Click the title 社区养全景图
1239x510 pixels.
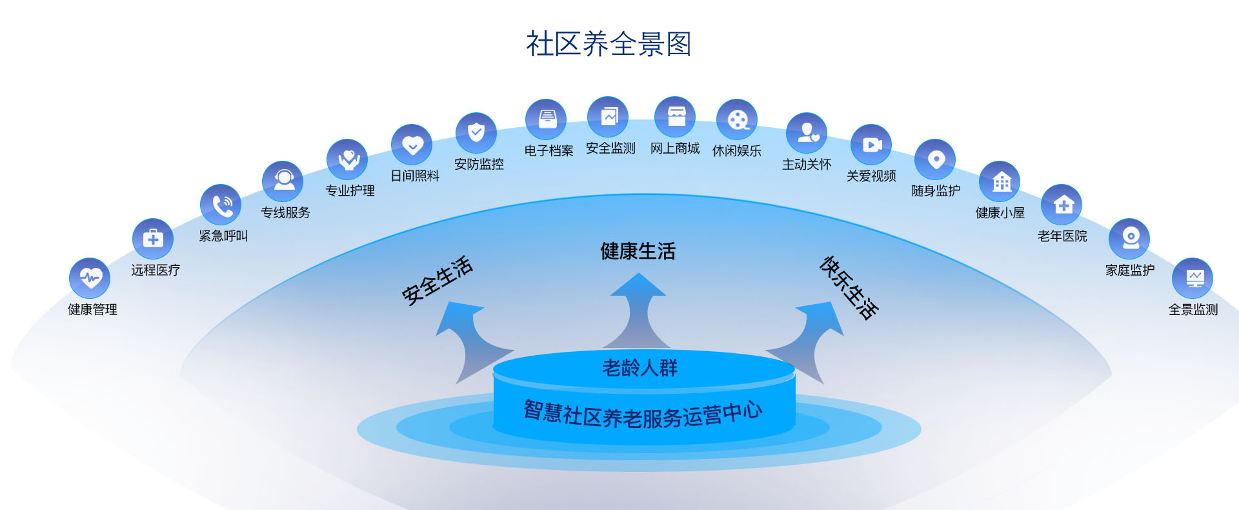tap(609, 44)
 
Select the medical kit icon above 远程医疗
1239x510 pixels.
tap(153, 239)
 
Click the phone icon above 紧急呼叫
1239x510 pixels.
tap(221, 205)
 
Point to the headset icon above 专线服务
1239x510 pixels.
tap(283, 181)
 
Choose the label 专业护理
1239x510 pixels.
tap(350, 190)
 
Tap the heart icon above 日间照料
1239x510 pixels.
tap(412, 145)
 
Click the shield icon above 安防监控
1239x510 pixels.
tap(476, 134)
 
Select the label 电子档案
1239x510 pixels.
tap(549, 150)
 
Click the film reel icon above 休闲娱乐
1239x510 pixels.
tap(737, 119)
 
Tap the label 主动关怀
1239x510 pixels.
tap(807, 165)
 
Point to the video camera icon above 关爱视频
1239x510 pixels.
tap(871, 145)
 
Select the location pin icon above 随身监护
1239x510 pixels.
tap(936, 159)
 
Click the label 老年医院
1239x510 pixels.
tap(1062, 236)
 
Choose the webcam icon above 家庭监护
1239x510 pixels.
tap(1129, 239)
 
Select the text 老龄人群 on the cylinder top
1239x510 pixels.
tap(640, 368)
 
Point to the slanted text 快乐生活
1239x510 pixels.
tap(849, 288)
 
